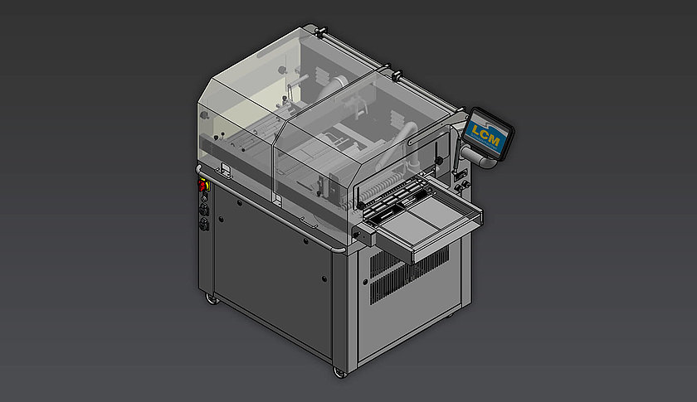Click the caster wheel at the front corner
click(339, 371)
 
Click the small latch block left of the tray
click(358, 237)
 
